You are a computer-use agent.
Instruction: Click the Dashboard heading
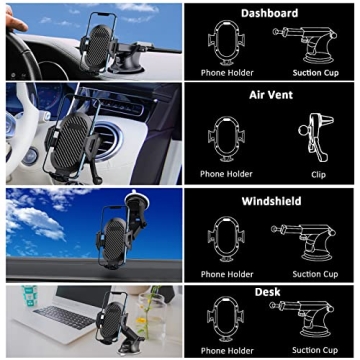(x=270, y=14)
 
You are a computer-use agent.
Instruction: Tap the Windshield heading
(x=270, y=200)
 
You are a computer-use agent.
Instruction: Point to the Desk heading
(x=267, y=292)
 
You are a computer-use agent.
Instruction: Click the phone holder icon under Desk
(x=226, y=322)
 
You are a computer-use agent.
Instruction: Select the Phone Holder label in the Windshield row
(x=226, y=273)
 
